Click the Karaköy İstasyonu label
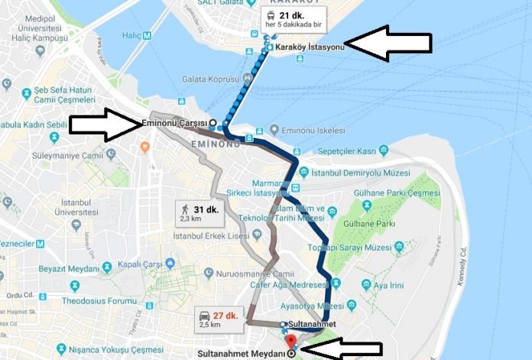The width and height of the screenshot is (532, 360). click(x=310, y=47)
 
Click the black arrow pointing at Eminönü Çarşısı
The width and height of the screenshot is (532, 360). click(x=104, y=125)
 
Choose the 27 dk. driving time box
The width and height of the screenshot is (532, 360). click(x=217, y=319)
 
